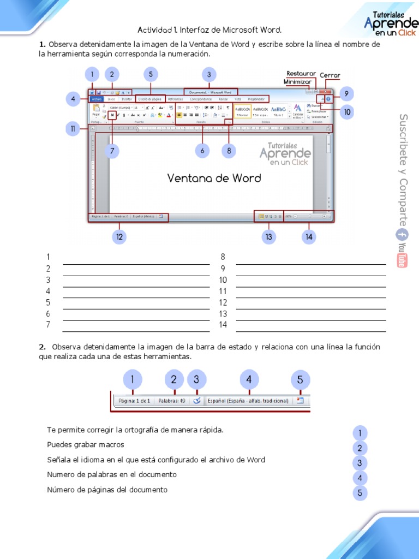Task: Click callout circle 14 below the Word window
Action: click(x=309, y=236)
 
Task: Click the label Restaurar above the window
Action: click(x=301, y=73)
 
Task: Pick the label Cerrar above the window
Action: click(x=330, y=75)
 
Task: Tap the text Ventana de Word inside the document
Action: click(x=214, y=178)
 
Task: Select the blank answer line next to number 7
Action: click(x=136, y=330)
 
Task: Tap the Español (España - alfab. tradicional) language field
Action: click(x=248, y=401)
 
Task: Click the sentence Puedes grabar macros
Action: click(x=86, y=445)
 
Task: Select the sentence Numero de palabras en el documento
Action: click(x=112, y=475)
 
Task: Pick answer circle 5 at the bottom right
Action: click(x=360, y=493)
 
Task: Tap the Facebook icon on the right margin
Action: click(x=402, y=235)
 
